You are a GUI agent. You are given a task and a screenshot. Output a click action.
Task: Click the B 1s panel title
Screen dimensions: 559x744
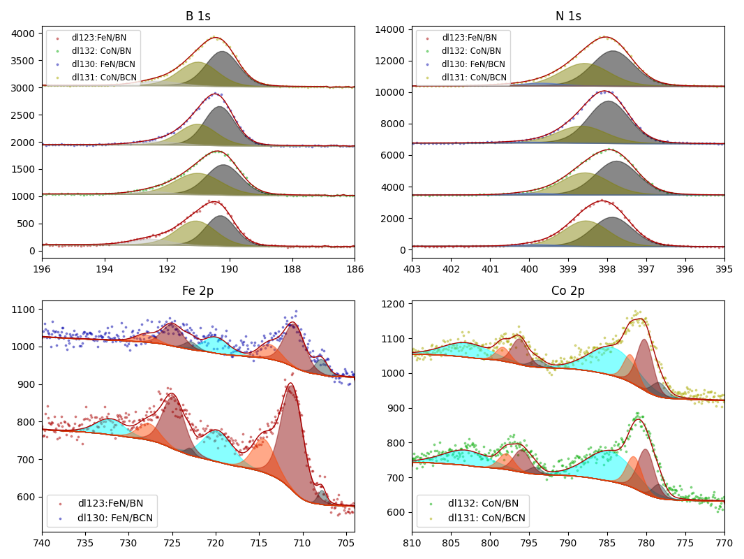[198, 17]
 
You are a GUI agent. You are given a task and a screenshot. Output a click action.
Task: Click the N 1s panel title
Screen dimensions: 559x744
[568, 17]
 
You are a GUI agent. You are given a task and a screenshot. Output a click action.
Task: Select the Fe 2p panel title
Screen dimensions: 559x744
[198, 291]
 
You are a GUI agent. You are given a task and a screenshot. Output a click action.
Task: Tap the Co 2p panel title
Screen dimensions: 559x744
[568, 291]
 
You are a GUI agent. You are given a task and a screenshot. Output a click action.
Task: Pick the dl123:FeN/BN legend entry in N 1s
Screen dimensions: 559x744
[469, 38]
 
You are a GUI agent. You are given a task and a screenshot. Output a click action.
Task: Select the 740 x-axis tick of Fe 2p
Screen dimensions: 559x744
[42, 542]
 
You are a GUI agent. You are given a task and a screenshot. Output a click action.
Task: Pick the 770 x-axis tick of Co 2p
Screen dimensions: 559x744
[724, 542]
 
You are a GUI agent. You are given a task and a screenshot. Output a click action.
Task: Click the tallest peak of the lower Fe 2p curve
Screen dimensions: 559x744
[290, 384]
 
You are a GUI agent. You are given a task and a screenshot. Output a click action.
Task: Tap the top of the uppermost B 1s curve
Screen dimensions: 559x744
[215, 38]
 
